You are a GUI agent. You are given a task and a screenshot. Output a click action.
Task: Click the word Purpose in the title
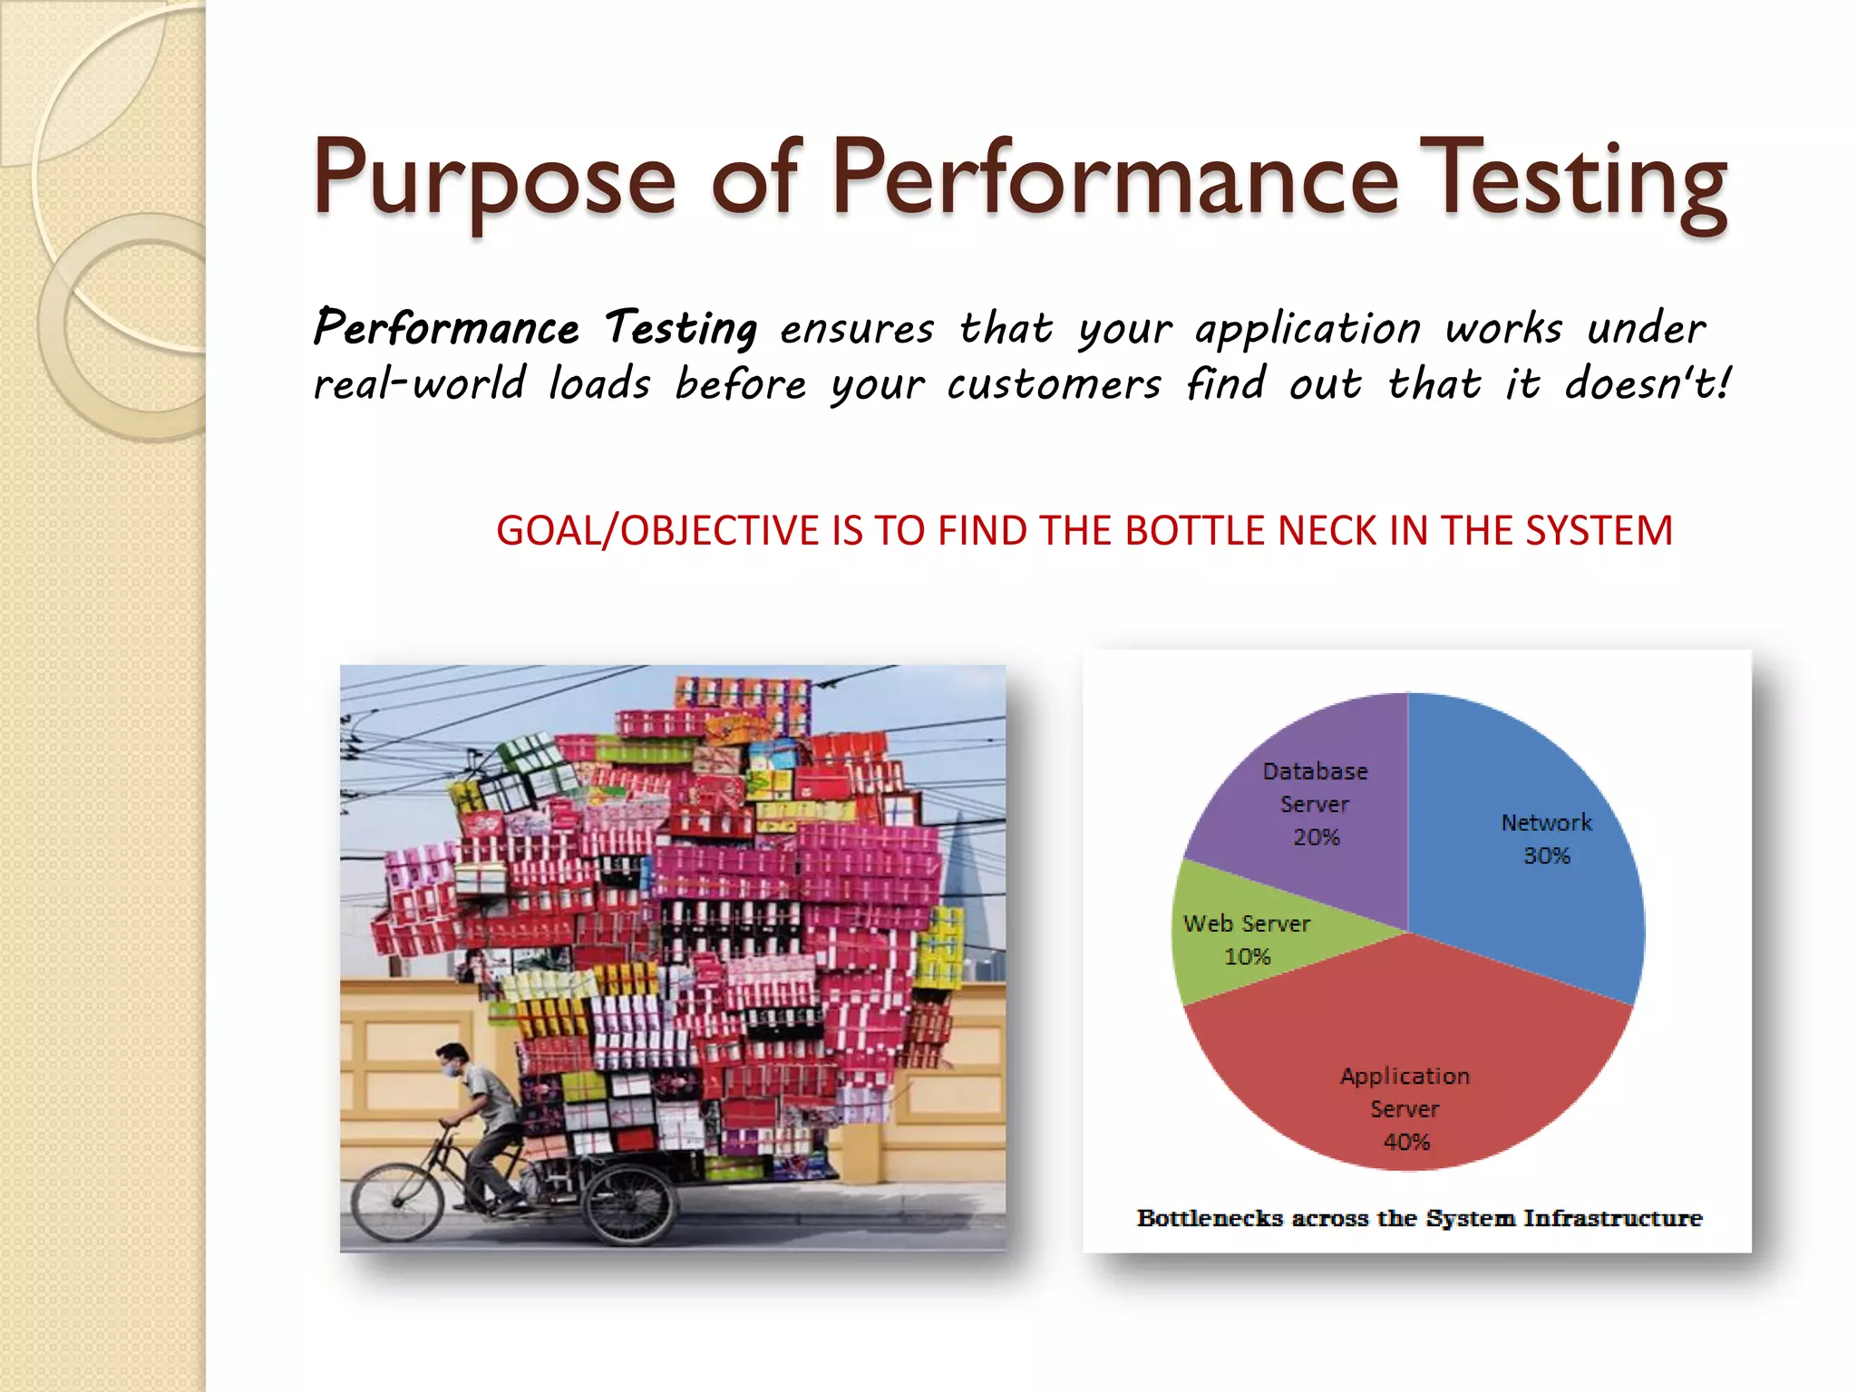click(x=494, y=179)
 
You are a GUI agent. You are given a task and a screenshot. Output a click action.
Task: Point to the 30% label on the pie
click(x=1546, y=855)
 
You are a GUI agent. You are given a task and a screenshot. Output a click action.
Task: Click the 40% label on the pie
click(x=1406, y=1142)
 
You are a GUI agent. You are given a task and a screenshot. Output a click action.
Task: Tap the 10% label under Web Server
click(x=1248, y=957)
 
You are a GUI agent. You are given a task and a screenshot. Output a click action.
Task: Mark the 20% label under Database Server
click(x=1316, y=837)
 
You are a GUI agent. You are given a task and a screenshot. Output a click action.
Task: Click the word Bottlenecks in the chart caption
click(x=1210, y=1218)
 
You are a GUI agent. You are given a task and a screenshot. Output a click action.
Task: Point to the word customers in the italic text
click(x=1053, y=384)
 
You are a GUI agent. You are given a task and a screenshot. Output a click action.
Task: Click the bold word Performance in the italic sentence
click(x=446, y=328)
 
